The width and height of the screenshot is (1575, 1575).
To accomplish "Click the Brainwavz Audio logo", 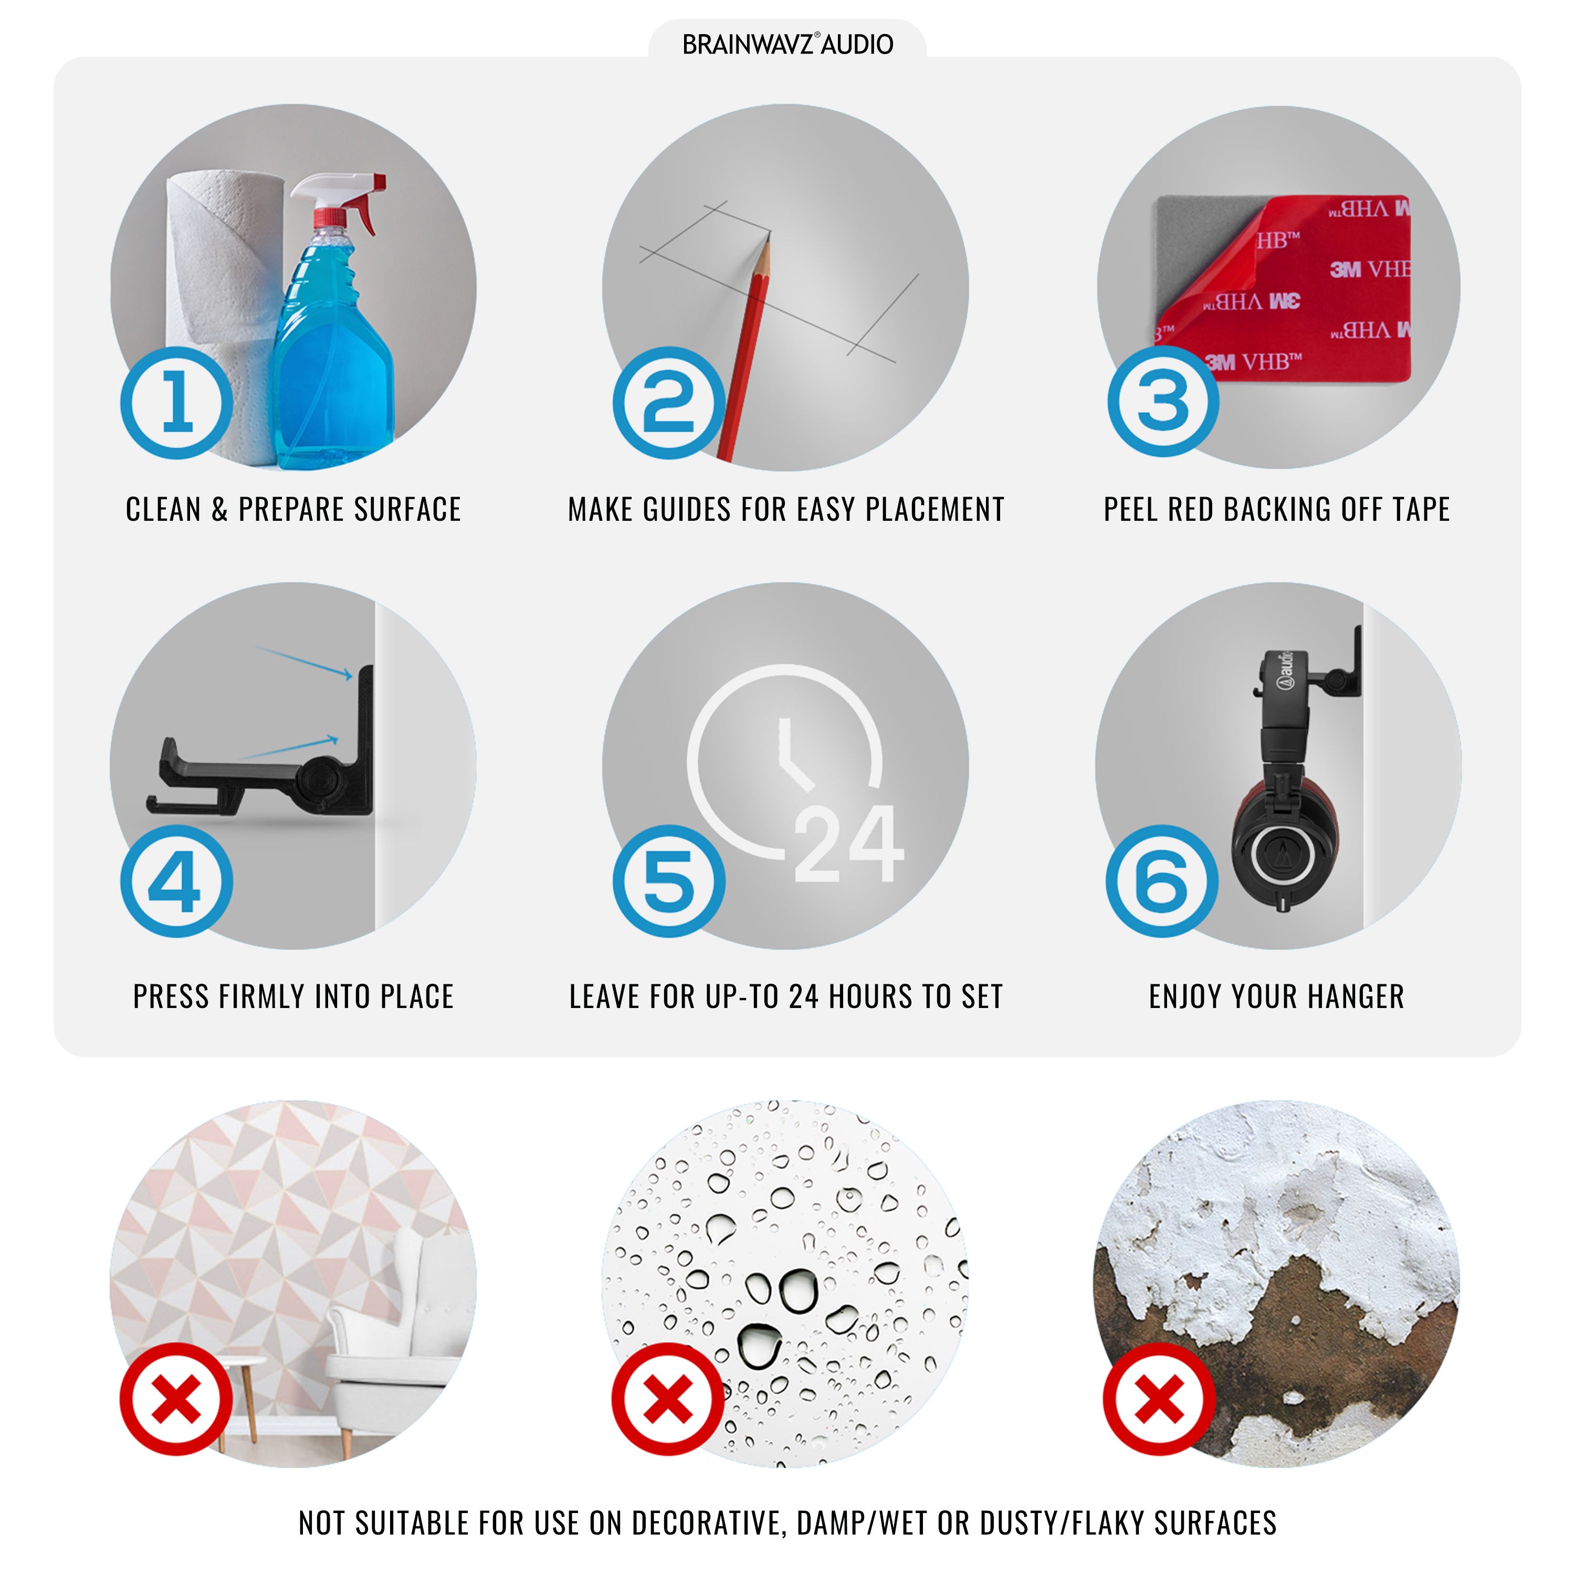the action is (787, 44).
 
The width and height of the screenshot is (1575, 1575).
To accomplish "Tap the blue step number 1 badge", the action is (177, 402).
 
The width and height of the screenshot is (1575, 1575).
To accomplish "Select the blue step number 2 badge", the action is (668, 402).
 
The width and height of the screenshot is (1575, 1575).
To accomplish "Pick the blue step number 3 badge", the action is (1162, 400).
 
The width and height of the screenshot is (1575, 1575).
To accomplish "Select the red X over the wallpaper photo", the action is (176, 1400).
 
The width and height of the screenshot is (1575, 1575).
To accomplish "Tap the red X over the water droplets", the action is (668, 1400).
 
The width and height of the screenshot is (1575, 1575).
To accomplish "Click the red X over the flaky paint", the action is (1159, 1400).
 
